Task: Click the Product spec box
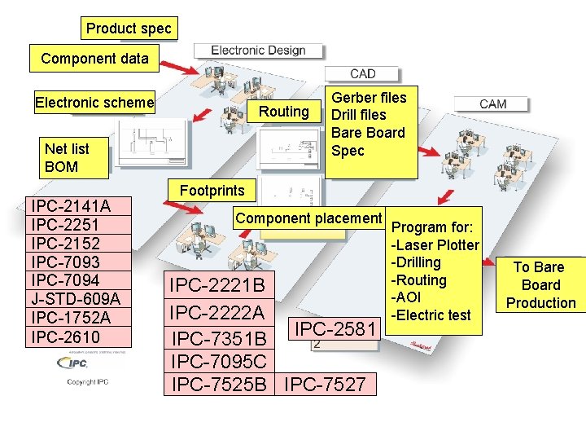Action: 129,29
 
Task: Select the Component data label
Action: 94,59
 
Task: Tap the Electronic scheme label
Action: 94,103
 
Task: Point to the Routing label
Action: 283,112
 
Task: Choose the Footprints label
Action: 212,191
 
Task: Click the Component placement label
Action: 308,218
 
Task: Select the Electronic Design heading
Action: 258,51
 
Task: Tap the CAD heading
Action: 362,74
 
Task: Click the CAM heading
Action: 493,103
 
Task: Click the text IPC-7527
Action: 326,384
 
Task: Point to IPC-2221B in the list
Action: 216,285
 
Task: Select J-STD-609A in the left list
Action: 75,299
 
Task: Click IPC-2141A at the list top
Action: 69,206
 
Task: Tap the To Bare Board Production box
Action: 540,285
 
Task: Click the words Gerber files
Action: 369,98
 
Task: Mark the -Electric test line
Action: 432,315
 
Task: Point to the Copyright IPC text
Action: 87,381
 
